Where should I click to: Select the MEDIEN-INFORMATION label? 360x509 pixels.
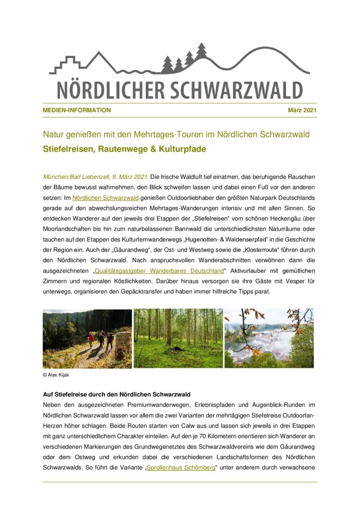(x=77, y=110)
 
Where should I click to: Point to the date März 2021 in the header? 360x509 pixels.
(x=302, y=110)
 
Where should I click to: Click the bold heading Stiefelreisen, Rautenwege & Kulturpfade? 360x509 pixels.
(x=124, y=149)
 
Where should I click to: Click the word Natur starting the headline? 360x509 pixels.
(x=54, y=135)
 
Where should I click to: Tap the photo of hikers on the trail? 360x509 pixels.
(x=87, y=339)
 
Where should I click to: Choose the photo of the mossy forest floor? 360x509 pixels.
(x=178, y=339)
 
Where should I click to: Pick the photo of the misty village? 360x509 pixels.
(x=269, y=339)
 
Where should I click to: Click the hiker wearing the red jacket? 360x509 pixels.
(x=91, y=339)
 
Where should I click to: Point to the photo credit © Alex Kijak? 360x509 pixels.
(x=56, y=375)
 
